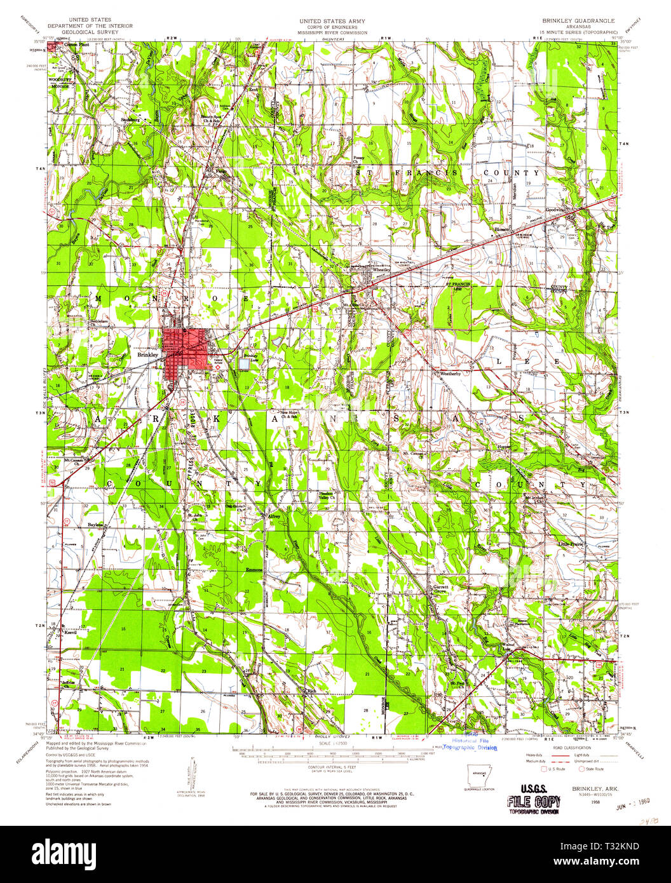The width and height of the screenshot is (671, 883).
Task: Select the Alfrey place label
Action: [x=274, y=516]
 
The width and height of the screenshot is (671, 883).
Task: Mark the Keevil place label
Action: [x=70, y=632]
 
